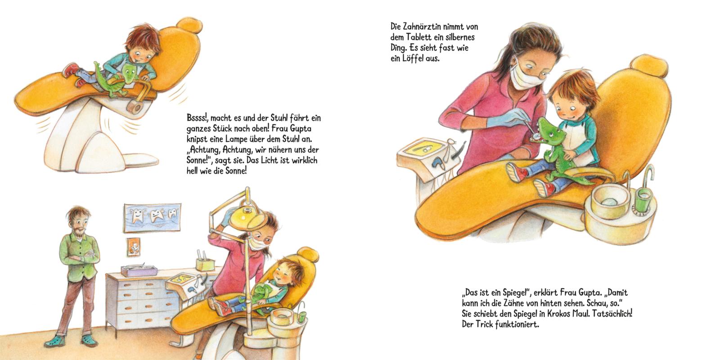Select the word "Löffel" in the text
(412, 59)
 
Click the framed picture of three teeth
(152, 218)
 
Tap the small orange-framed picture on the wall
(133, 247)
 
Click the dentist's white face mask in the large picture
(522, 77)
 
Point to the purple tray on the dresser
(139, 271)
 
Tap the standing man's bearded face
(79, 222)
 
